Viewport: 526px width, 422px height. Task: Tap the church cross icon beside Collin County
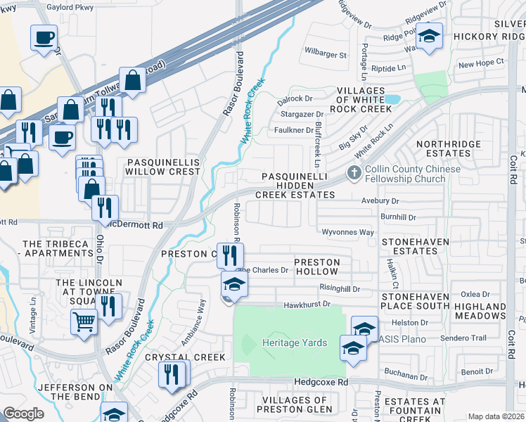[x=354, y=172]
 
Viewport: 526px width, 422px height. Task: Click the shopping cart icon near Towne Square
[x=84, y=321]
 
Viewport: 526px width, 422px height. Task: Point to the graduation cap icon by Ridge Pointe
[x=428, y=34]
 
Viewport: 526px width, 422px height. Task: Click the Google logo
[x=24, y=414]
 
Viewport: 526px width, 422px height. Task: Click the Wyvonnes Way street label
[x=347, y=231]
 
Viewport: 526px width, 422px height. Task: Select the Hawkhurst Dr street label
[x=307, y=305]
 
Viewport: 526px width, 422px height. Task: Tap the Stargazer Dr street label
[x=301, y=113]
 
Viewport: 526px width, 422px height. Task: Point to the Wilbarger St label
[x=326, y=54]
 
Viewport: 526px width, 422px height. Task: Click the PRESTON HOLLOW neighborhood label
[x=316, y=267]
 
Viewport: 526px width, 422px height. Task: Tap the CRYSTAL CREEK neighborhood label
[x=186, y=357]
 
